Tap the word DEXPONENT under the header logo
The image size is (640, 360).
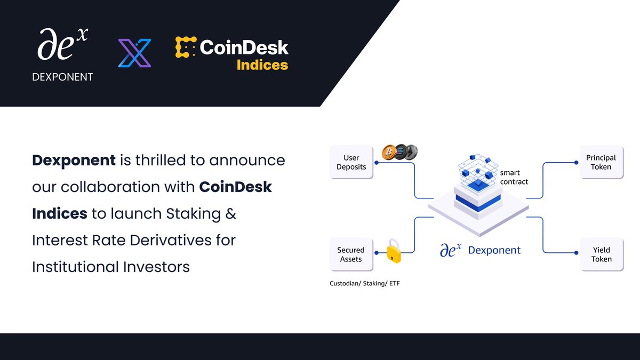tap(62, 77)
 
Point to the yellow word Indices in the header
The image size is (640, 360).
tap(262, 65)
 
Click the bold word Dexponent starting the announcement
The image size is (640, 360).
tap(74, 160)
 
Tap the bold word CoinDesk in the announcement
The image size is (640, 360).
tap(236, 187)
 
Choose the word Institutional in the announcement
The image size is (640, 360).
tap(80, 267)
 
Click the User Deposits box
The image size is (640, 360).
tap(351, 163)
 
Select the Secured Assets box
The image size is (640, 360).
tap(351, 254)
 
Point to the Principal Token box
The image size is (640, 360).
tap(601, 163)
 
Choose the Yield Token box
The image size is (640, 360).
tap(601, 254)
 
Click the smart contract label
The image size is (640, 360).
tap(514, 177)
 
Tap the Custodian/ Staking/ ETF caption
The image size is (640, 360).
tap(365, 284)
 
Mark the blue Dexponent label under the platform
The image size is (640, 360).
tap(494, 250)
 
